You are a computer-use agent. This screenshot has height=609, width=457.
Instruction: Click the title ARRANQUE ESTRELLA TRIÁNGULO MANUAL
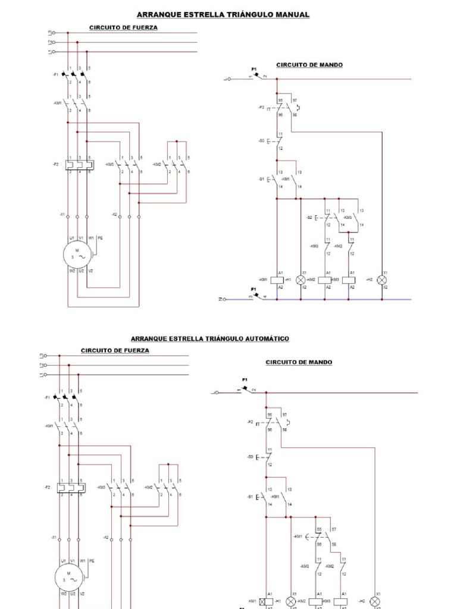(x=223, y=14)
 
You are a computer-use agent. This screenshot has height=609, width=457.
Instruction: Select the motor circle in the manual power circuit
(x=77, y=255)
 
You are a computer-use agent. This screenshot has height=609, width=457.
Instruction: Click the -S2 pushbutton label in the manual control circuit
(x=309, y=218)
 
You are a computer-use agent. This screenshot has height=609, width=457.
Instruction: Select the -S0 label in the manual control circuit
(x=261, y=141)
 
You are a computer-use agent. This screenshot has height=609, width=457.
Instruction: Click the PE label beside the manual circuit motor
(x=99, y=238)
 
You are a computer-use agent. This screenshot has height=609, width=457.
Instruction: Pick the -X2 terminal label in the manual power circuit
(x=114, y=214)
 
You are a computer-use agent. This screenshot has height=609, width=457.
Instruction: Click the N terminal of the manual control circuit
(x=223, y=299)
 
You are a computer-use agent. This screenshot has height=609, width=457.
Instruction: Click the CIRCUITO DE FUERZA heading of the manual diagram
(x=124, y=27)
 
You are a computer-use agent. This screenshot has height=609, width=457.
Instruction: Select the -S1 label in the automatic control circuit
(x=251, y=496)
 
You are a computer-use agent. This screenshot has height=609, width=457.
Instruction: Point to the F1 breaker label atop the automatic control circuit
(x=245, y=379)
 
